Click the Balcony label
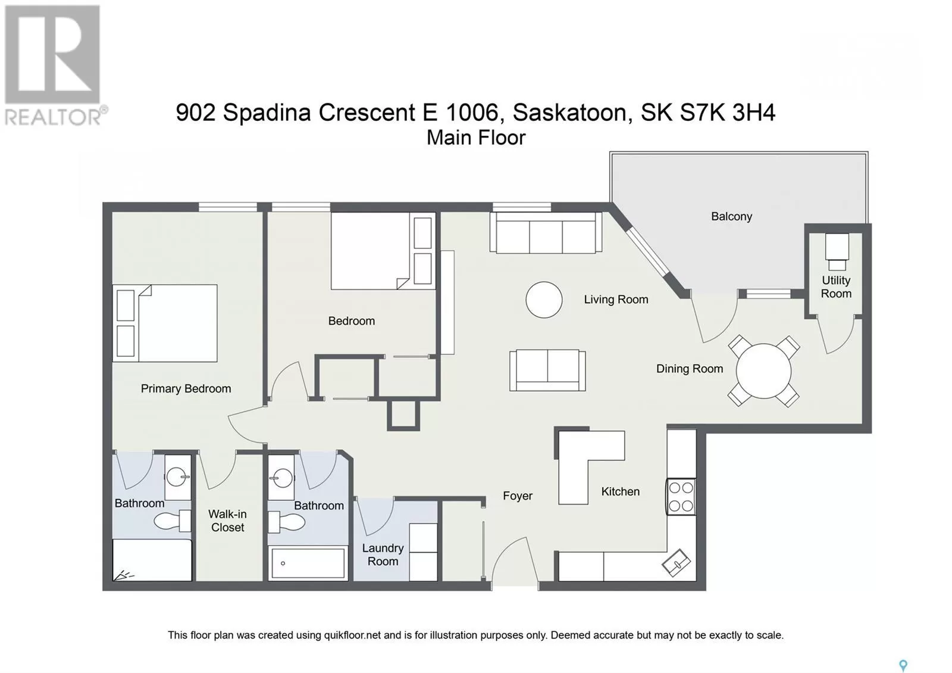(x=731, y=217)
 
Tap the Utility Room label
(x=836, y=286)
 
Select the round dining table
(x=764, y=371)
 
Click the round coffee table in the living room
(x=544, y=300)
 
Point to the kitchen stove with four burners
(x=681, y=497)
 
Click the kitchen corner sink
(x=676, y=562)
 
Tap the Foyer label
(x=518, y=496)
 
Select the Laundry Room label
(x=383, y=554)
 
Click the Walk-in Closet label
(x=227, y=521)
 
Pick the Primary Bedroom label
(x=186, y=389)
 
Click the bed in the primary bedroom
(x=165, y=323)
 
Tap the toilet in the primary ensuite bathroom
(x=172, y=521)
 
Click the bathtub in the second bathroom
(x=308, y=563)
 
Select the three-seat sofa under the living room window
(x=546, y=233)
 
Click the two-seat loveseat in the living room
(x=547, y=370)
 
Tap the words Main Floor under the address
(x=476, y=138)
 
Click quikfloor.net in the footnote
(x=352, y=635)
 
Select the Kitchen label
(x=620, y=492)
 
